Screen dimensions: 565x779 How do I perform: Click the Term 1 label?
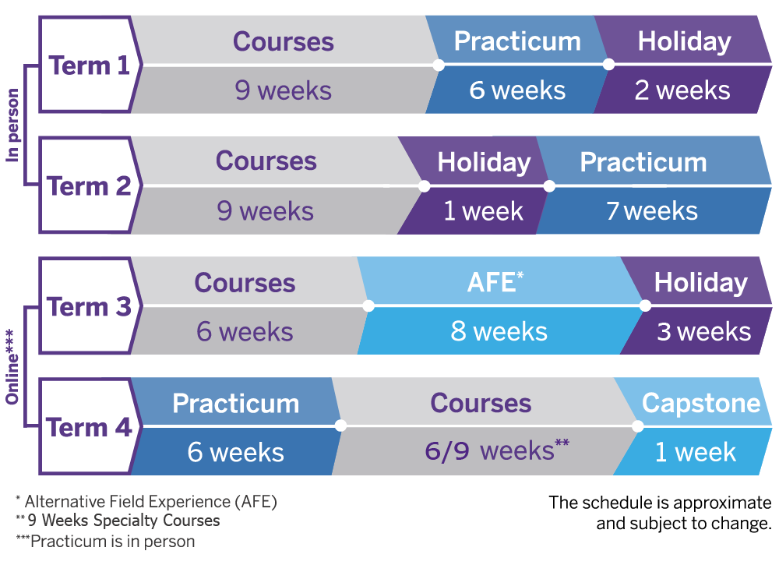click(x=90, y=65)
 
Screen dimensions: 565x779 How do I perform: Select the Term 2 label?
click(x=90, y=186)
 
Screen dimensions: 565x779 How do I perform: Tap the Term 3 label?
click(x=90, y=307)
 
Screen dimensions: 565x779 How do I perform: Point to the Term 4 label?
click(x=90, y=428)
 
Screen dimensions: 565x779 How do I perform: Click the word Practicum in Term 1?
click(x=517, y=41)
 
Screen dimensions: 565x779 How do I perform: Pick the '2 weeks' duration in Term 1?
click(x=682, y=90)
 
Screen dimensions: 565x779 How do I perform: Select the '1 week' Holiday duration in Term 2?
click(x=483, y=211)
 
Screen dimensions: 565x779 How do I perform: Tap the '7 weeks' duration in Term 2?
click(x=652, y=211)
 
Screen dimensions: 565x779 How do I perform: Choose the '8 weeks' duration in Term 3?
click(x=499, y=332)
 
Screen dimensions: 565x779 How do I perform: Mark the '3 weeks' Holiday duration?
click(x=703, y=332)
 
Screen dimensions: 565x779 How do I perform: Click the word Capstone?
click(x=701, y=403)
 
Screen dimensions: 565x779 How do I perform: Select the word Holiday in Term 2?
click(x=484, y=162)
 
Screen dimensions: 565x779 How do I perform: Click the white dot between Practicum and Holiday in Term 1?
click(x=609, y=65)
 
